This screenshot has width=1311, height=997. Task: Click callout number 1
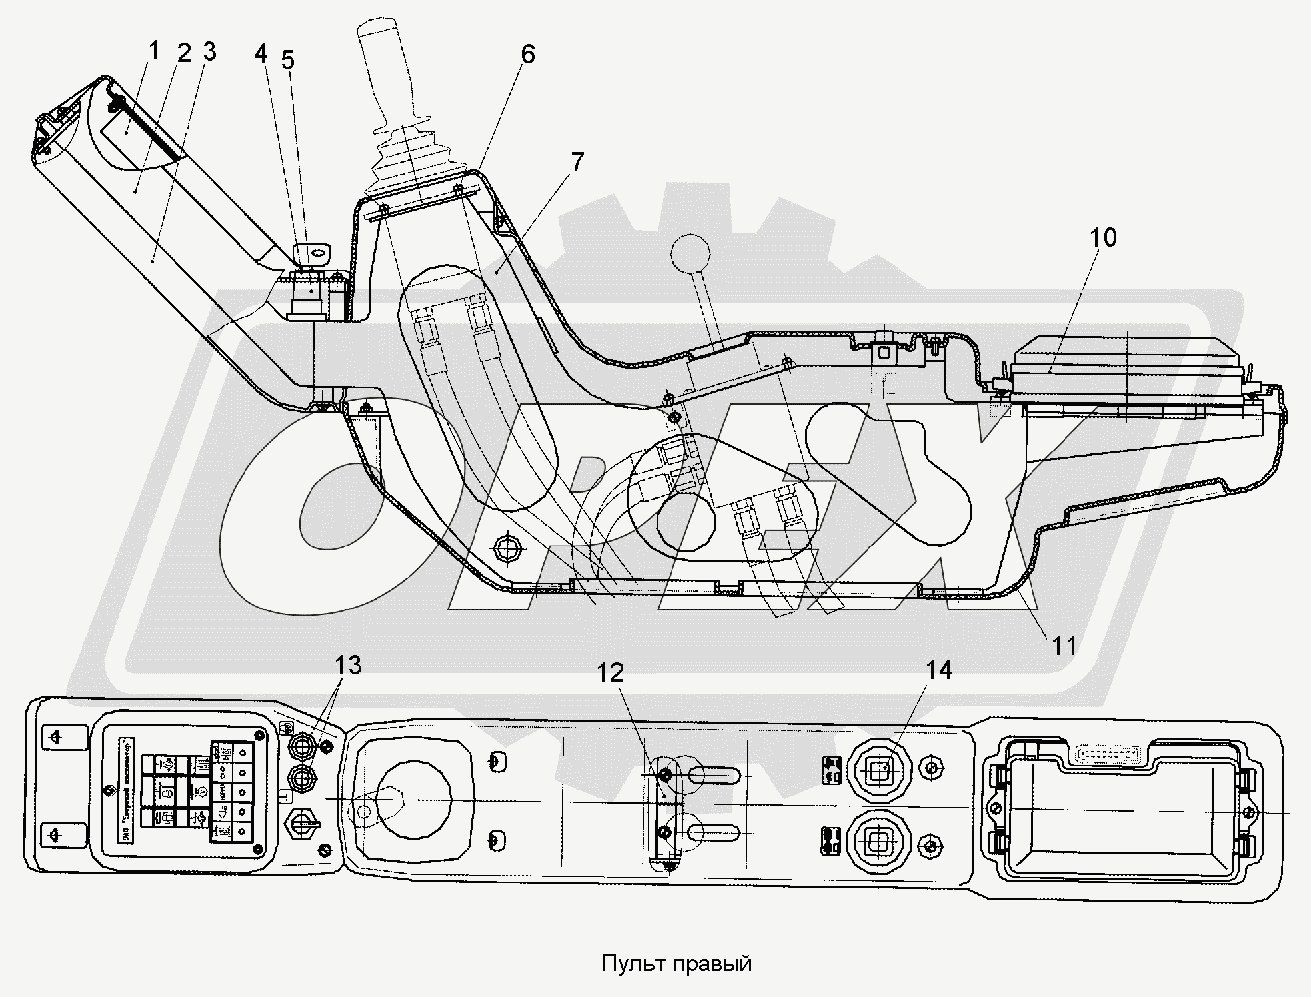coord(154,50)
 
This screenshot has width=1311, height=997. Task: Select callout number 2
coord(183,53)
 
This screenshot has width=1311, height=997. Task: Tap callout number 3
coord(209,52)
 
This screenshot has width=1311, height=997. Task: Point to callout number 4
coord(261,53)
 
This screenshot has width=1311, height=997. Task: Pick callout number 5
coord(287,60)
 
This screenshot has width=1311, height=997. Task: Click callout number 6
coord(527,54)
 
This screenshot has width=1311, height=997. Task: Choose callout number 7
coord(576,162)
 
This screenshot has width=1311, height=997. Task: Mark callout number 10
coord(1103,237)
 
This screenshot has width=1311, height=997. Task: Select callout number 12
coord(610,672)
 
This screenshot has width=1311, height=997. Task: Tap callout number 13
coord(347,664)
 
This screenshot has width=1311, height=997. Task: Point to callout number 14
coord(938,670)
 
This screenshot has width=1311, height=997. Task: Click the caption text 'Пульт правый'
coord(677,964)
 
